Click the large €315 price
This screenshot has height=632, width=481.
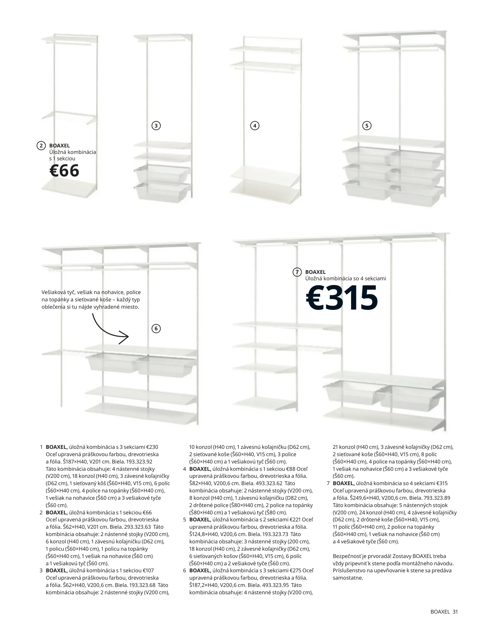(342, 298)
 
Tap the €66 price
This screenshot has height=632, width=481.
(64, 170)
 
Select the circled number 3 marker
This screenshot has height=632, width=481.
(156, 126)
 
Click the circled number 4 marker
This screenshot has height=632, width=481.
(255, 126)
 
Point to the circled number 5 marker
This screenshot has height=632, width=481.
(367, 126)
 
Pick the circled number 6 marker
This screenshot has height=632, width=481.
(156, 329)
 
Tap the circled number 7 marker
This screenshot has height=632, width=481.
(297, 272)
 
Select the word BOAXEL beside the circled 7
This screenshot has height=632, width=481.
(315, 272)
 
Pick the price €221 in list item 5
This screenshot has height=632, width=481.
(296, 519)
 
